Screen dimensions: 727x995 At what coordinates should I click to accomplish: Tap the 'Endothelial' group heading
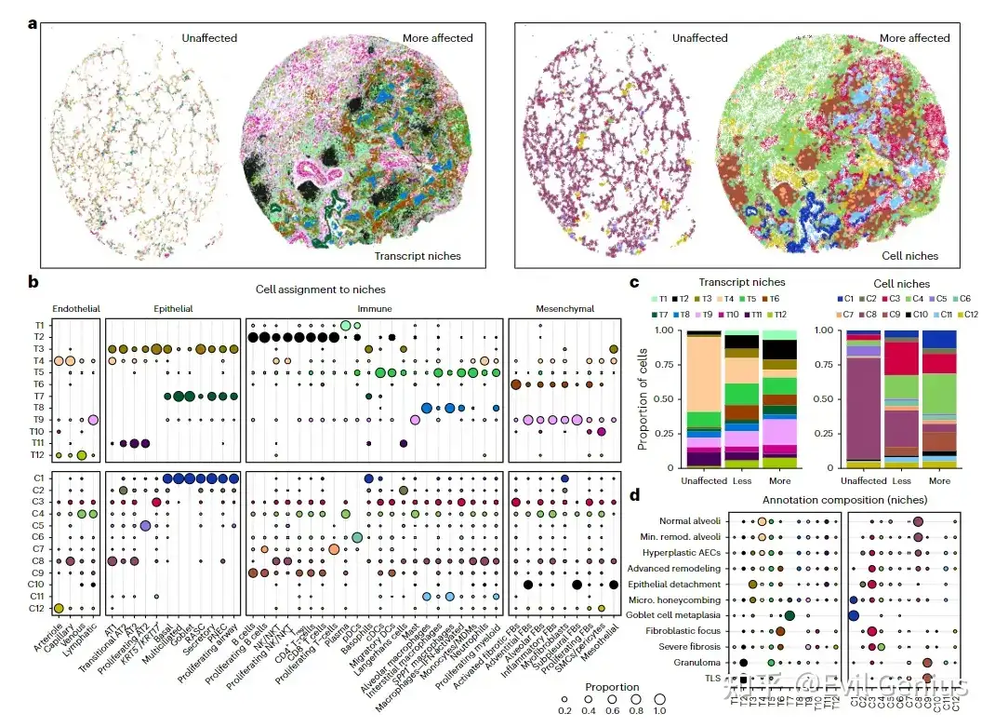click(x=75, y=309)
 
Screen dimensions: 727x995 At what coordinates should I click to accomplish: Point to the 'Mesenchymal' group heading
click(x=564, y=309)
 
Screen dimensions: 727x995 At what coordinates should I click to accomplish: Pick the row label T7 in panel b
click(x=37, y=397)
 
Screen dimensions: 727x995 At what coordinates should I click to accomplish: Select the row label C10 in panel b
click(x=36, y=583)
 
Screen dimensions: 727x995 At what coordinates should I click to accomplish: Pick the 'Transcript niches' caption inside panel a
click(x=418, y=255)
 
